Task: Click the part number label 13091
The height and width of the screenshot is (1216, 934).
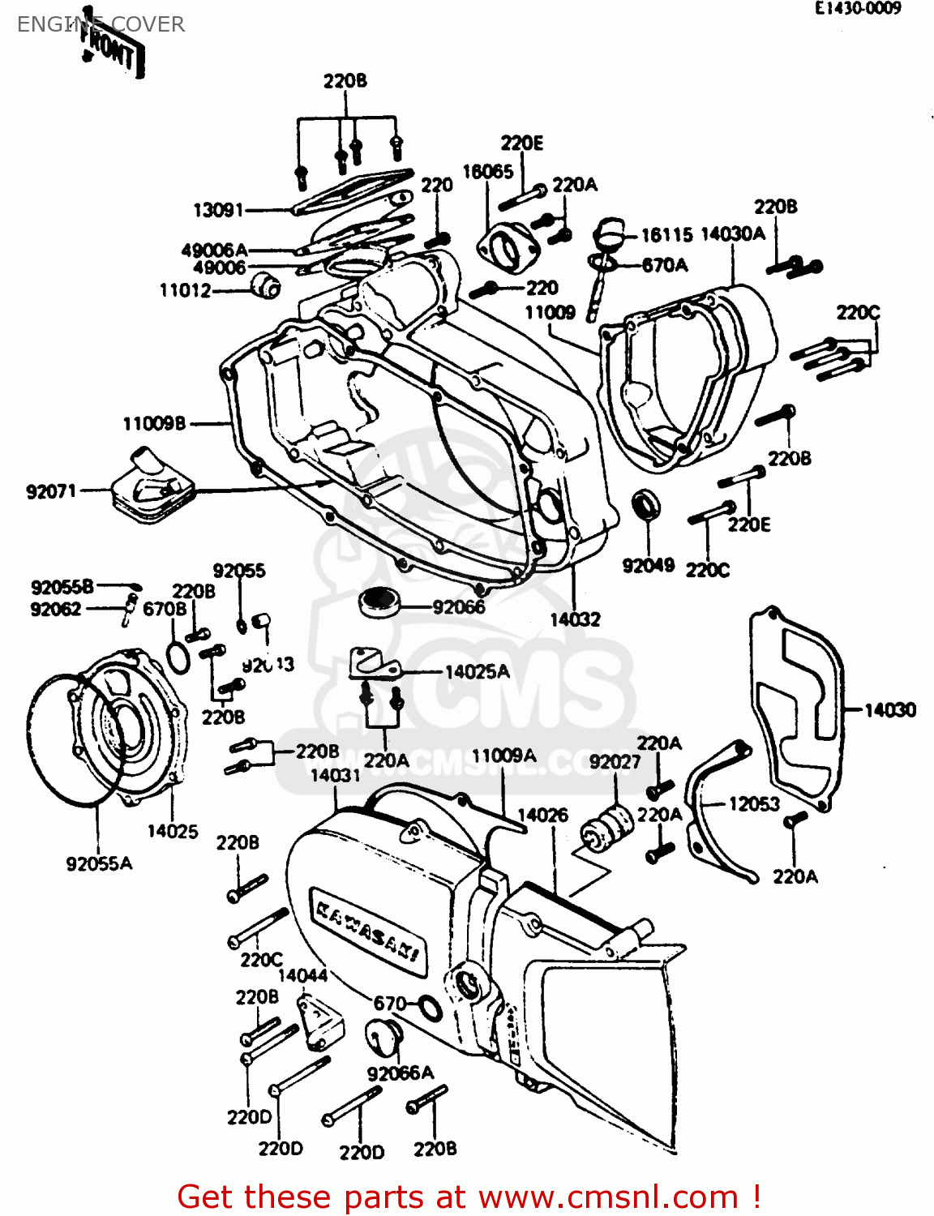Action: coord(217,211)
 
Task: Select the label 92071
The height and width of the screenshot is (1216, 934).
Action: coord(51,491)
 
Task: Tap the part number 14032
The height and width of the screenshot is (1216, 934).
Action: coord(575,619)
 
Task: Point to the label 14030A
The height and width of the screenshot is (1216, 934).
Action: coord(732,234)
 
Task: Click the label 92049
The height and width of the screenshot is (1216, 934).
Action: coord(648,566)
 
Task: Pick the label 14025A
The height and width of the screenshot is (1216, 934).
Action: coord(477,672)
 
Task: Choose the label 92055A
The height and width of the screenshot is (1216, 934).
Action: coord(99,863)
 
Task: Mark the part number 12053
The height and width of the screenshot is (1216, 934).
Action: coord(754,804)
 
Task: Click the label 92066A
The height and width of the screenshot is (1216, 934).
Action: coord(401,1073)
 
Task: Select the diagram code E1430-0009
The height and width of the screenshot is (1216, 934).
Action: coord(858,9)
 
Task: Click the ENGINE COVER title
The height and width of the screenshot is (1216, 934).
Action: coord(101,24)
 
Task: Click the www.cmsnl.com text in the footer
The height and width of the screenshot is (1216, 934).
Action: coord(608,1197)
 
